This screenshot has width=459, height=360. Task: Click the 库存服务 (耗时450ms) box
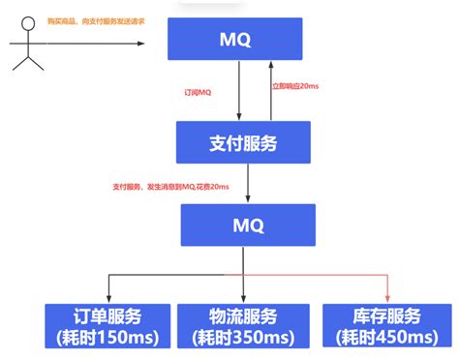(x=383, y=327)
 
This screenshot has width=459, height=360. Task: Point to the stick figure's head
(x=29, y=30)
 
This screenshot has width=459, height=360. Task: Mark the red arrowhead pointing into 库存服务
(x=387, y=299)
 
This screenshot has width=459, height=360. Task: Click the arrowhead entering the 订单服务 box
(x=107, y=299)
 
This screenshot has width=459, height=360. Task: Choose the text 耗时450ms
(x=383, y=337)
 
